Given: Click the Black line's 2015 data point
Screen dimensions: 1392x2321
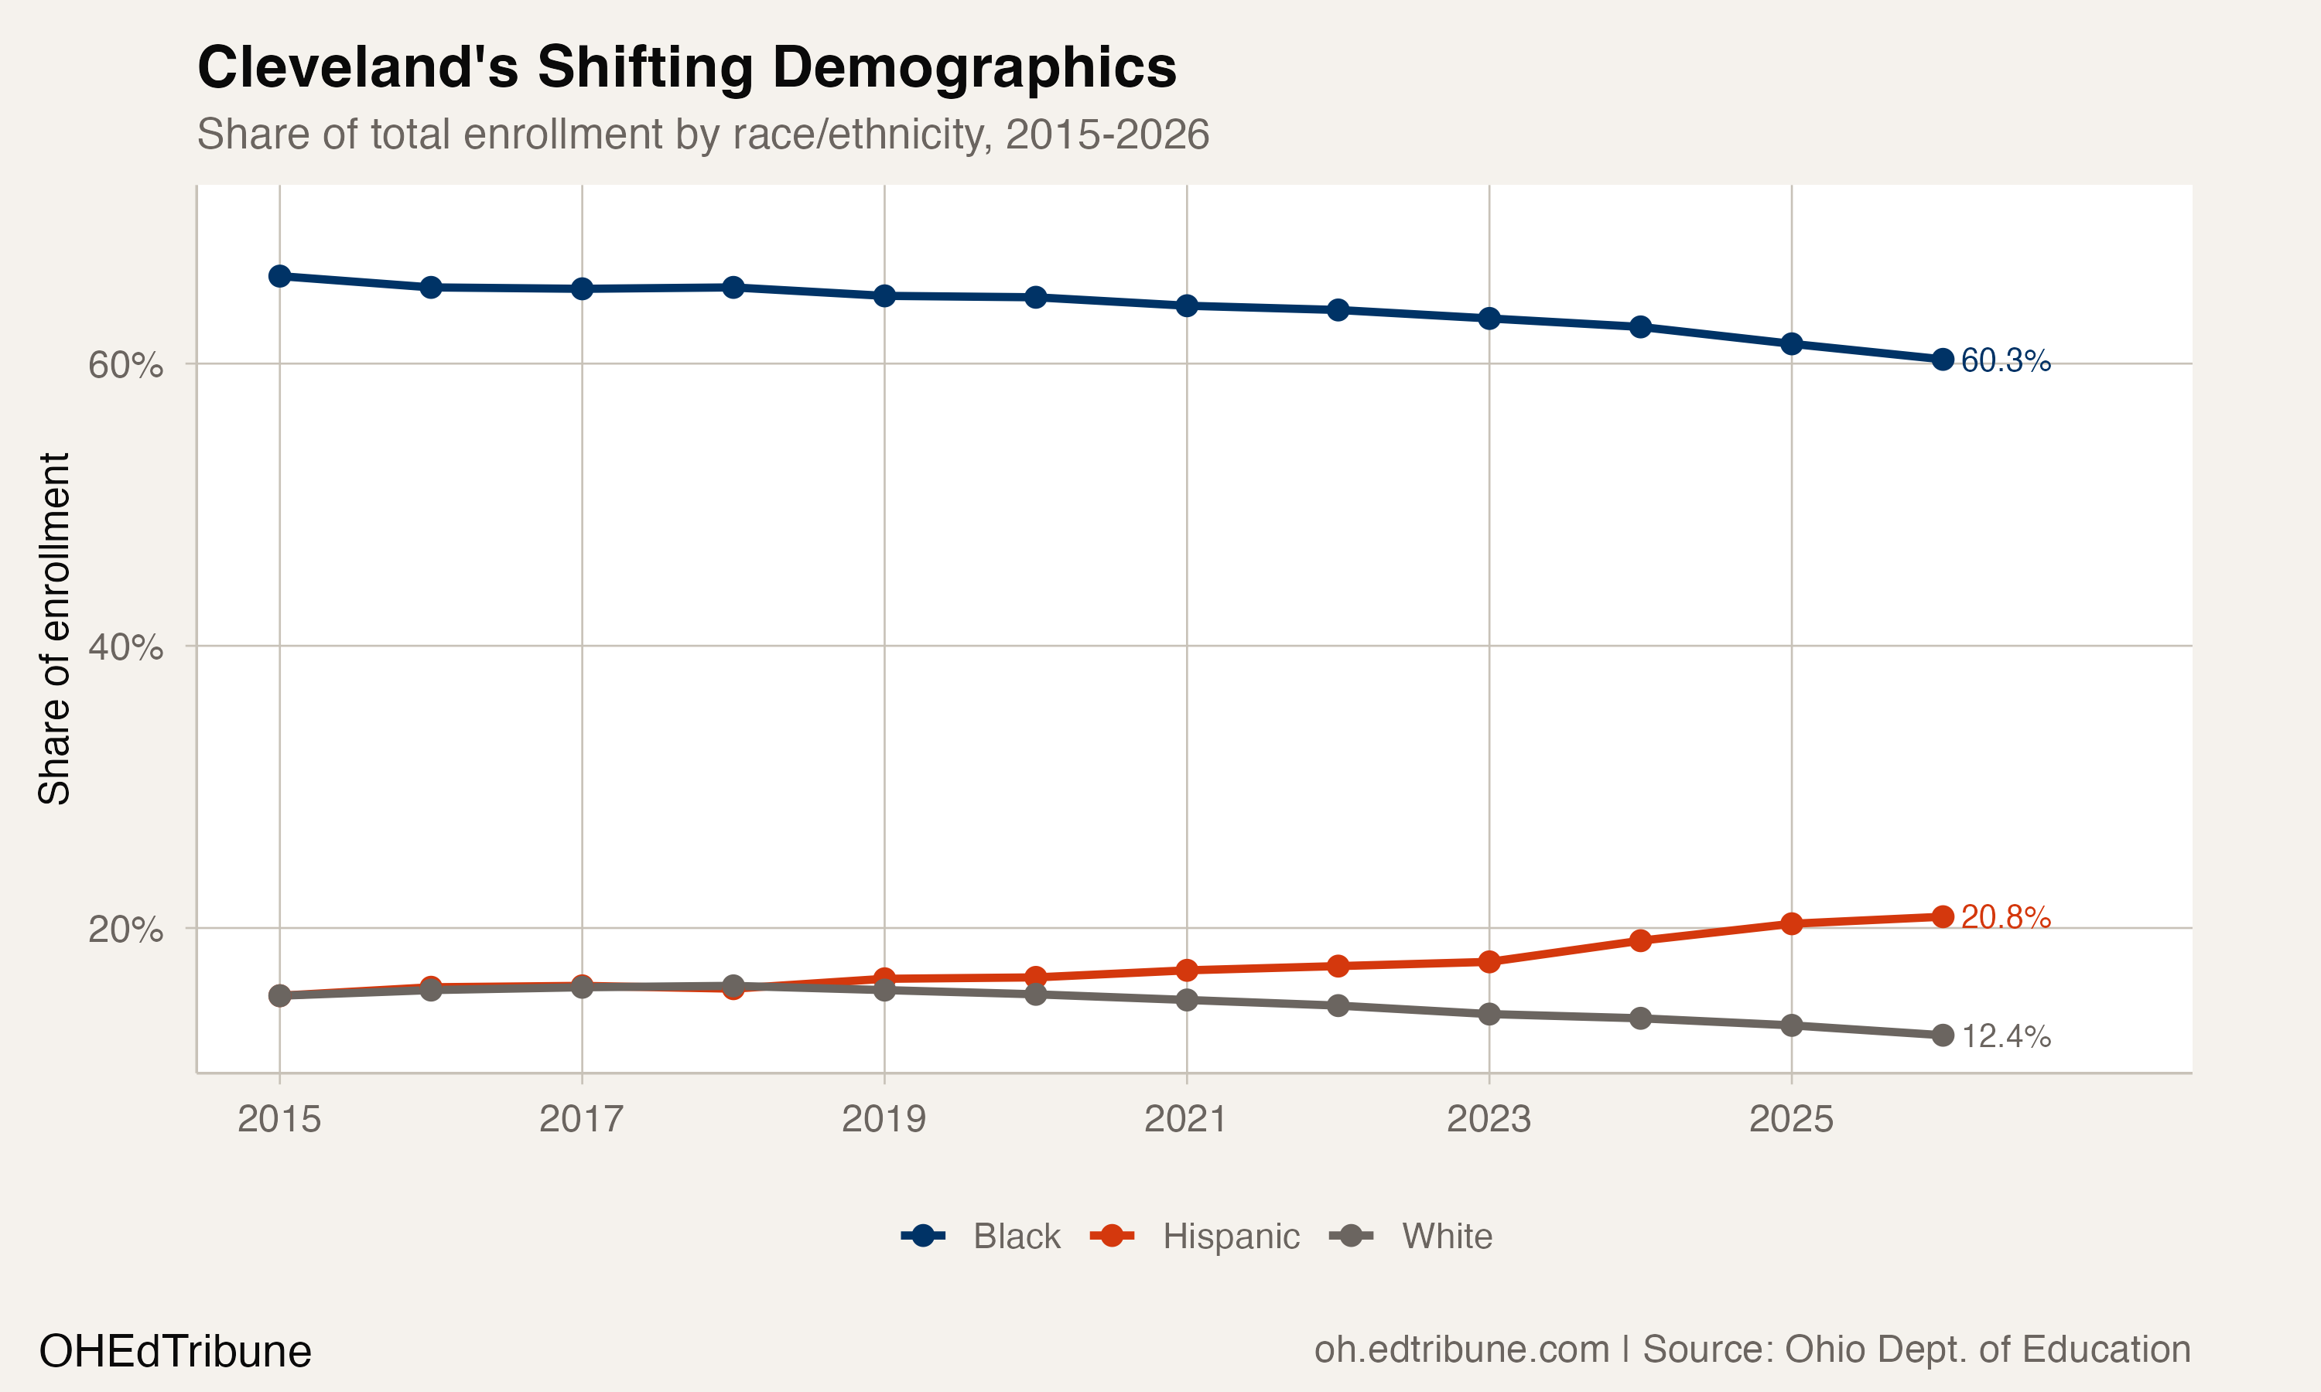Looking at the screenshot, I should coord(279,276).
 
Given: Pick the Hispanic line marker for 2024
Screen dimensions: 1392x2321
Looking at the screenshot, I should coord(1640,940).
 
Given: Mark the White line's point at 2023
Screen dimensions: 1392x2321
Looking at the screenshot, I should coord(1489,1014).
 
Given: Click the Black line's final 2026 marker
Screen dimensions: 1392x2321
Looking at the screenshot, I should coord(1943,360).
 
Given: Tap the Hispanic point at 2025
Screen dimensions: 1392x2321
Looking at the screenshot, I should coord(1792,923).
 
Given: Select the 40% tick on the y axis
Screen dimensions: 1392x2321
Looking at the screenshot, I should coord(125,647).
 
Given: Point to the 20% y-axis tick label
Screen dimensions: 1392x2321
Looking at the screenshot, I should coord(125,930).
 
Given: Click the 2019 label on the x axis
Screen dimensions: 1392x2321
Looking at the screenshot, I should coord(884,1119).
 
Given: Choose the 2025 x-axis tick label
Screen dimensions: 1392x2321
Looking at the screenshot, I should coord(1791,1119).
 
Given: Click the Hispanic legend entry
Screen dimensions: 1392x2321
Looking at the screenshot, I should coord(1230,1237).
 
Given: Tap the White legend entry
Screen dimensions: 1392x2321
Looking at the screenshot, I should coord(1446,1237).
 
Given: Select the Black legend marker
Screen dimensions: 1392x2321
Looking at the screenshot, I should coord(923,1235).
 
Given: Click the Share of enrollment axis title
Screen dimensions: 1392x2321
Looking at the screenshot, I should coord(54,629).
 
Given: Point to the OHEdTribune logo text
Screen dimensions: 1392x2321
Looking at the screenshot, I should coord(175,1352).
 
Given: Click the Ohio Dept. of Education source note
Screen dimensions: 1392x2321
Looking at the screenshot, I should coord(1916,1349).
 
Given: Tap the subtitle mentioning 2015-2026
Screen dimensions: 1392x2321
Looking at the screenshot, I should coord(702,134).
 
